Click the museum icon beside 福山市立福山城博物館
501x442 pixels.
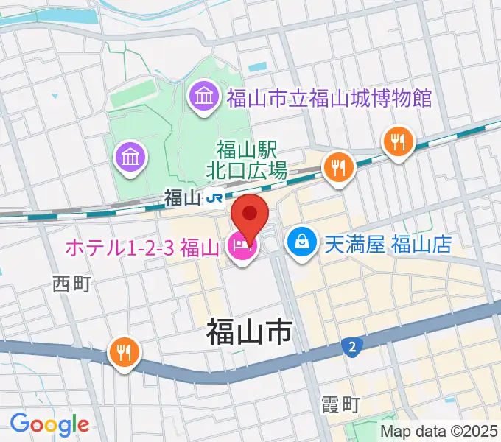coord(201,97)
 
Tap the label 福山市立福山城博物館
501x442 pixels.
coord(329,97)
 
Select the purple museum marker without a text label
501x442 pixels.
coord(130,156)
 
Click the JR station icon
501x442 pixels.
coord(215,197)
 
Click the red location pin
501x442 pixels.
coord(250,216)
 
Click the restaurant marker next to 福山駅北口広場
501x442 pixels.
coord(339,166)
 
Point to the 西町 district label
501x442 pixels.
coord(71,284)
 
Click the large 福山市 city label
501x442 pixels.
coord(248,333)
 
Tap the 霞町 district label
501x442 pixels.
coord(340,404)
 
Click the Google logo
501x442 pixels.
coord(49,424)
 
